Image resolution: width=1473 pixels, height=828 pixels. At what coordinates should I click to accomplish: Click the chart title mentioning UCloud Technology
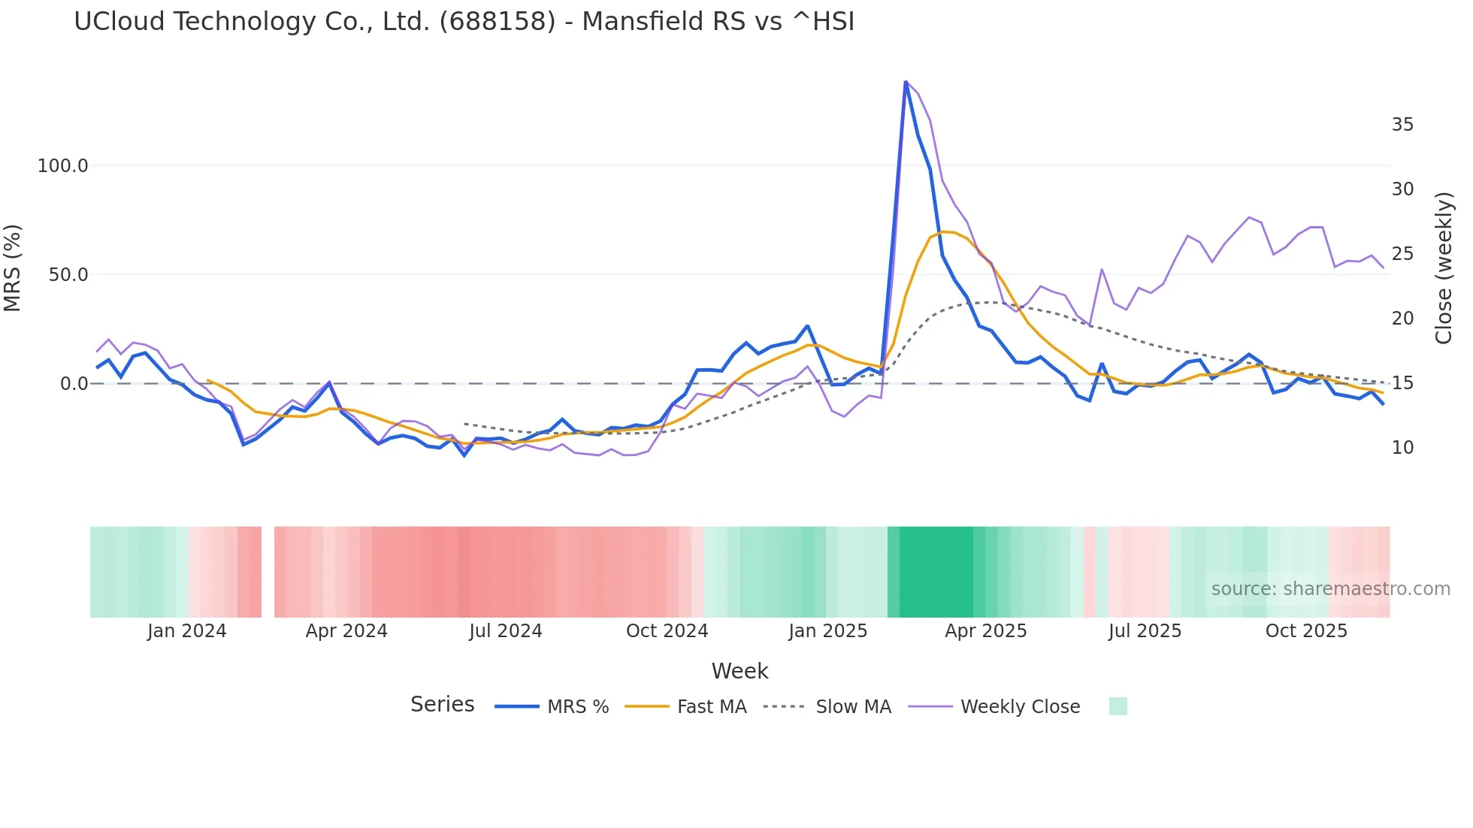pyautogui.click(x=464, y=22)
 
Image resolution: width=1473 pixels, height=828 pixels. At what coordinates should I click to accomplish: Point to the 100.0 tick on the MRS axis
pyautogui.click(x=63, y=166)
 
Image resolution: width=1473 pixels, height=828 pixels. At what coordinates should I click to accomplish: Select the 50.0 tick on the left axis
pyautogui.click(x=68, y=275)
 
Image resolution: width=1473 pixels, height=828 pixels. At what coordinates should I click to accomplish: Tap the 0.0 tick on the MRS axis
pyautogui.click(x=74, y=384)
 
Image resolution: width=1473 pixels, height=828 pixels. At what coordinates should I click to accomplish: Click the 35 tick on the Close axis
pyautogui.click(x=1402, y=125)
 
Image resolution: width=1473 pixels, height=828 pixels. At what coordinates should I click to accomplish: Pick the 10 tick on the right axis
pyautogui.click(x=1402, y=448)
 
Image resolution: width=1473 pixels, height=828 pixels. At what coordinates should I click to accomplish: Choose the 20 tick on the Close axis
pyautogui.click(x=1402, y=319)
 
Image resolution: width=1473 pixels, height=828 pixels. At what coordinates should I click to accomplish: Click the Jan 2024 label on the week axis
pyautogui.click(x=186, y=631)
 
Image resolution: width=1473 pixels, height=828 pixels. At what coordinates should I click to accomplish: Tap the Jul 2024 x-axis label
pyautogui.click(x=506, y=631)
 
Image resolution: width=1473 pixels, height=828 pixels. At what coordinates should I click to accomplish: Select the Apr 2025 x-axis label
pyautogui.click(x=985, y=631)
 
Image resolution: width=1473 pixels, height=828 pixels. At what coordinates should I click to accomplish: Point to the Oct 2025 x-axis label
pyautogui.click(x=1306, y=631)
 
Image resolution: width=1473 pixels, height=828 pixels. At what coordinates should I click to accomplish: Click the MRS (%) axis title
pyautogui.click(x=13, y=267)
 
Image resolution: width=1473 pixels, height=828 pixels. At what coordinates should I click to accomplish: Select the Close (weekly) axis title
pyautogui.click(x=1444, y=267)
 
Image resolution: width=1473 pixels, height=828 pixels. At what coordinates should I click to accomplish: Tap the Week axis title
pyautogui.click(x=740, y=671)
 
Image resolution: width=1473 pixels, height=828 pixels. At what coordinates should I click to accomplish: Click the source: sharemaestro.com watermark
pyautogui.click(x=1330, y=589)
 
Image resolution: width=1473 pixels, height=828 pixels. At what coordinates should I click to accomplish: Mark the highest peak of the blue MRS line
pyautogui.click(x=906, y=82)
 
